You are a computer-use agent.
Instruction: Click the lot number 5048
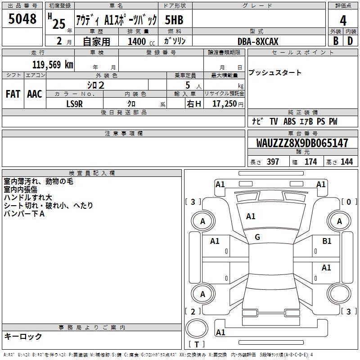coord(22,19)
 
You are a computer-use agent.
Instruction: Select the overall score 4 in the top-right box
coord(343,21)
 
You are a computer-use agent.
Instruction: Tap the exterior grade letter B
coord(336,41)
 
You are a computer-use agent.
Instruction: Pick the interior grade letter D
coord(350,41)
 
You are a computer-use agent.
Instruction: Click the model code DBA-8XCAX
coord(258,41)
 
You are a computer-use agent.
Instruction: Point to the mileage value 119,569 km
coord(53,65)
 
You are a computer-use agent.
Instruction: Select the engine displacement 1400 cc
coord(141,41)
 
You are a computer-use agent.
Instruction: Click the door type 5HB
coord(174,20)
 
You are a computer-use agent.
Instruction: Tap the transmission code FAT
coord(13,94)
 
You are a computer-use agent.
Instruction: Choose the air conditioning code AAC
coord(35,94)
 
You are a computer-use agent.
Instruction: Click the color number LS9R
coord(74,104)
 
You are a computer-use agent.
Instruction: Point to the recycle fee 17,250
coord(224,104)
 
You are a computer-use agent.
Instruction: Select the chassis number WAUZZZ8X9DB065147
coord(302,143)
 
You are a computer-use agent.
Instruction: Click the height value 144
coord(346,162)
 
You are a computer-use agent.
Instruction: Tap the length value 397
coord(273,162)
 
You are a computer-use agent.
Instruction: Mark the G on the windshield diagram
coord(257,237)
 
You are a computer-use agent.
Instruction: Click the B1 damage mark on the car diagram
coord(327,241)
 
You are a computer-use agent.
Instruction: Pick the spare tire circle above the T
coord(197,328)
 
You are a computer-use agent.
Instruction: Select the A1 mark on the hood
coord(251,216)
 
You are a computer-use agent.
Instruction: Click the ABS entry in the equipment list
coord(289,121)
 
